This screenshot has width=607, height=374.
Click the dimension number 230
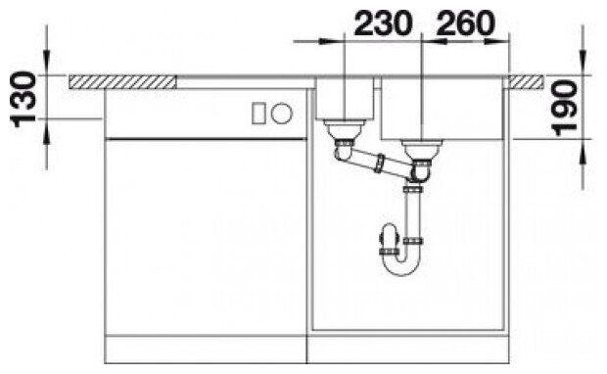pos(383,23)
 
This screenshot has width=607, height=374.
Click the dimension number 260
pos(466,23)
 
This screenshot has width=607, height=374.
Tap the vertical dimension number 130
pos(24,100)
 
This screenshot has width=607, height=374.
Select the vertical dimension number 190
pos(565,108)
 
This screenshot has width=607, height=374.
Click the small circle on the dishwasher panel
pos(282,114)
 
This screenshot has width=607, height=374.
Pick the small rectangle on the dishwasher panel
pos(258,114)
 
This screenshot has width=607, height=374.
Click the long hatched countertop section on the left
pos(122,82)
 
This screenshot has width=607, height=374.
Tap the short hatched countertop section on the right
pos(526,82)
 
